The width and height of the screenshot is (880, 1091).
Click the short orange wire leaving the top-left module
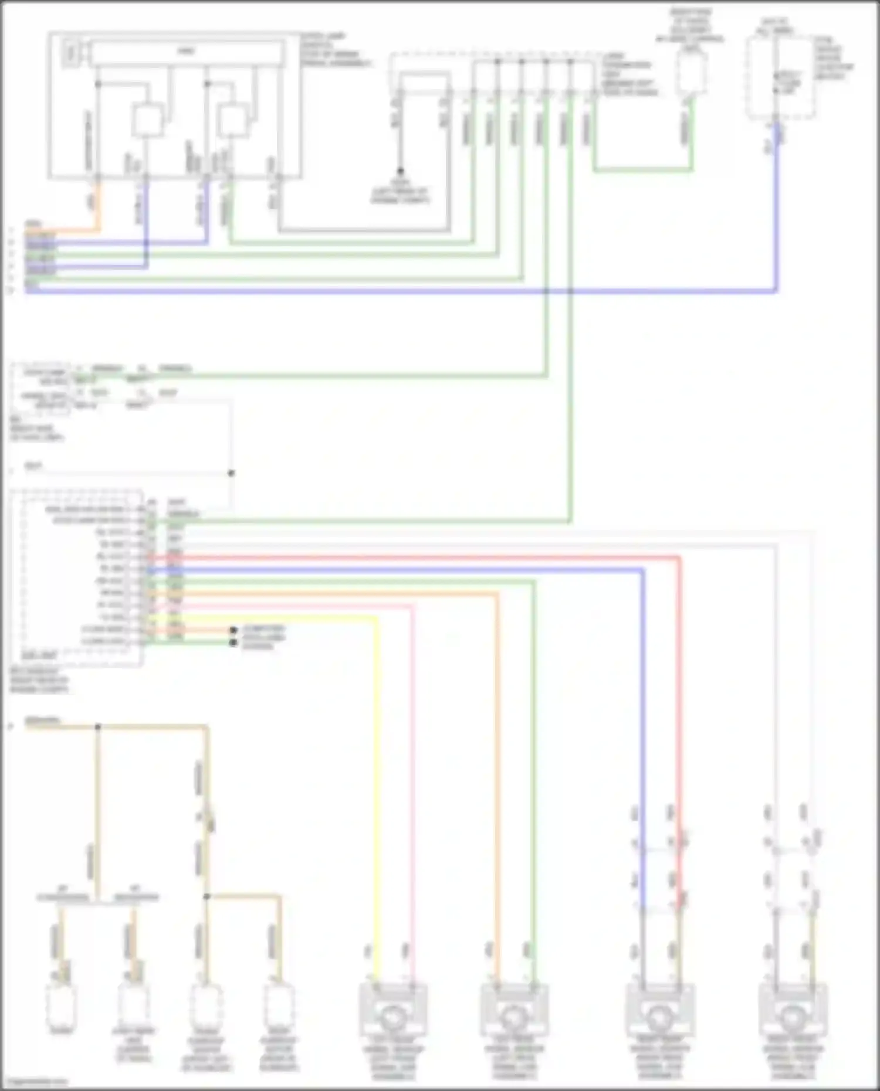pyautogui.click(x=97, y=205)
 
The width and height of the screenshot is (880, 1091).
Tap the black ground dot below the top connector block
pyautogui.click(x=400, y=171)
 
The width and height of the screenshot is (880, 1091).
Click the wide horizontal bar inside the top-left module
pyautogui.click(x=186, y=52)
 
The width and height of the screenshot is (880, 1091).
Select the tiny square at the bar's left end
pyautogui.click(x=71, y=53)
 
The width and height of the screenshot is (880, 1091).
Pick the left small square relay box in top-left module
pyautogui.click(x=147, y=120)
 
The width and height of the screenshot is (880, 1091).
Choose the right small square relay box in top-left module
pyautogui.click(x=233, y=120)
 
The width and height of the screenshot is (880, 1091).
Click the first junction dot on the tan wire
pyautogui.click(x=98, y=727)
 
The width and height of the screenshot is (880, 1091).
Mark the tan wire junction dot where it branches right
pyautogui.click(x=207, y=896)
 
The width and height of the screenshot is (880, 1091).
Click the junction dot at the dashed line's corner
pyautogui.click(x=231, y=473)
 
